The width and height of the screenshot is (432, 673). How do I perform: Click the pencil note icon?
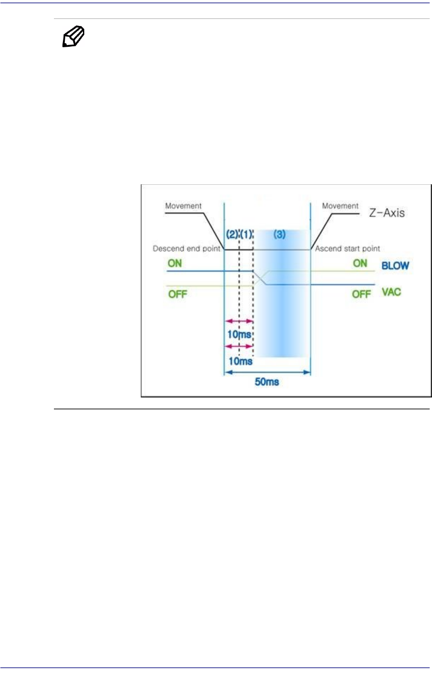click(73, 37)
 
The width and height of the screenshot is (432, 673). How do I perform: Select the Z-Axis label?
click(387, 213)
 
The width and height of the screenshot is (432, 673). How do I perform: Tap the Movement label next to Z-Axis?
click(340, 206)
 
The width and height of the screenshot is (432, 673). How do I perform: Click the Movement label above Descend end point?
click(183, 206)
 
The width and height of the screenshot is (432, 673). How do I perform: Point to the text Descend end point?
click(186, 249)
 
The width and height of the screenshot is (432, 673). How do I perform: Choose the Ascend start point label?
click(347, 249)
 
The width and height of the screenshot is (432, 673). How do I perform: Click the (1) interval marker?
click(247, 234)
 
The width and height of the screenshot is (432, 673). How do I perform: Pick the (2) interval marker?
click(231, 234)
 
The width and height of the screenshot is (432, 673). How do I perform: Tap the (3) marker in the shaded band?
click(280, 234)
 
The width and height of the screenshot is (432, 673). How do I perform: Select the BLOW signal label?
click(395, 266)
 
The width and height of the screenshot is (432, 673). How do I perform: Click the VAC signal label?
click(391, 292)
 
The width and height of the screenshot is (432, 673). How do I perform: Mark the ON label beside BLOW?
click(360, 263)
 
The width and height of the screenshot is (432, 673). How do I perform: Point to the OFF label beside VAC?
click(361, 294)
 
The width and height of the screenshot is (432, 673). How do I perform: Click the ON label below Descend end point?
click(175, 263)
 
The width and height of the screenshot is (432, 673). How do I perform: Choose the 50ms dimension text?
click(267, 382)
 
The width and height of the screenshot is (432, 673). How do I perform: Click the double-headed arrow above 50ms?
click(267, 372)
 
